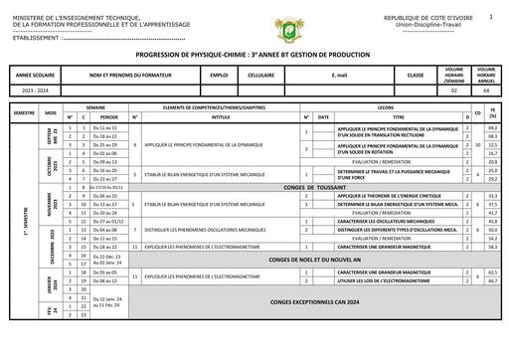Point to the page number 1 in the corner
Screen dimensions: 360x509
pos(491,17)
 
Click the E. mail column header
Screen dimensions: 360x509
pos(339,76)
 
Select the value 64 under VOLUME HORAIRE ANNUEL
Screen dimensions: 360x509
pos(486,90)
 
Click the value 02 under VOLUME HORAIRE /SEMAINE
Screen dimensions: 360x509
pos(454,90)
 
